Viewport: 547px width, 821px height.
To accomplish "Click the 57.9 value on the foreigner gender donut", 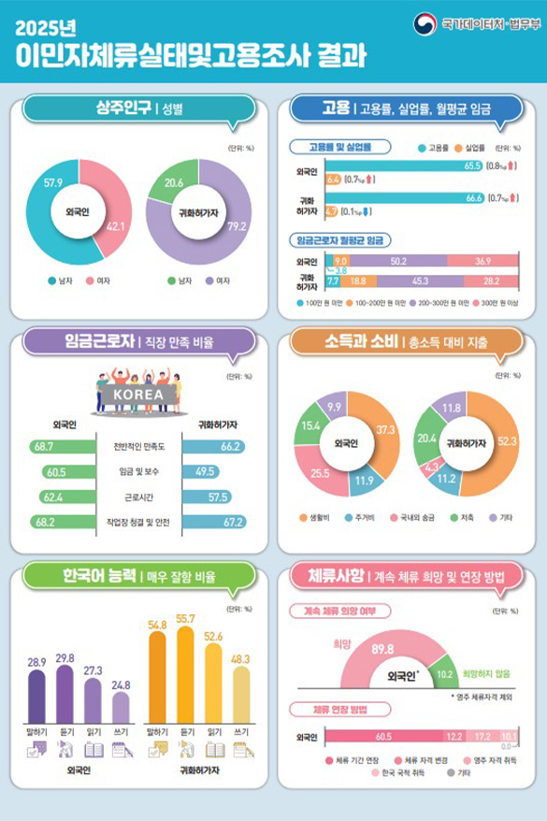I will [x=52, y=180].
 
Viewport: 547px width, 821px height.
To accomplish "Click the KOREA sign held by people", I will [x=137, y=394].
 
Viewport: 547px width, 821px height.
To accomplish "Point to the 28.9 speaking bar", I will [x=37, y=689].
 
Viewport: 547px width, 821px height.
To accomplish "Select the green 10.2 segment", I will [x=445, y=673].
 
